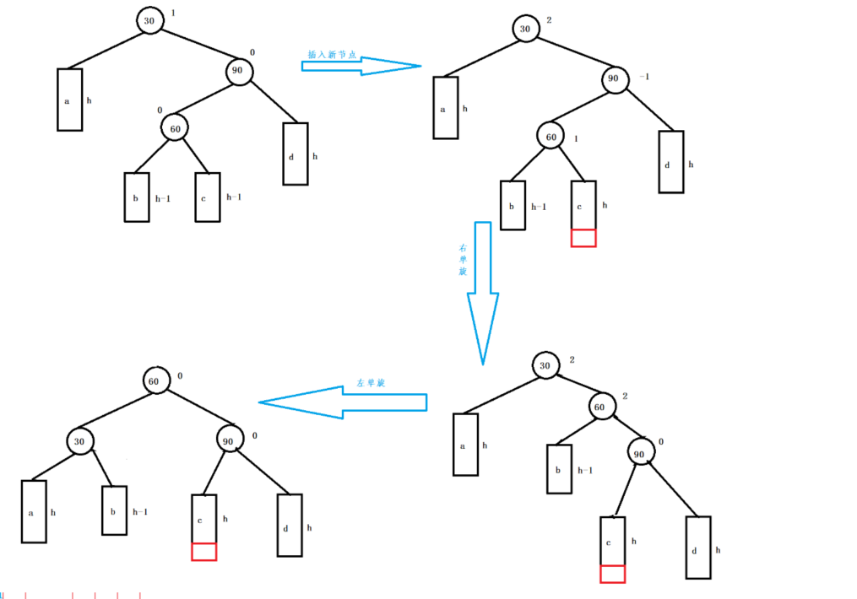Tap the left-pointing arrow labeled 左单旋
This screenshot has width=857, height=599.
342,402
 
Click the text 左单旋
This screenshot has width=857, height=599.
371,383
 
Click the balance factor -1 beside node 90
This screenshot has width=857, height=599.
645,77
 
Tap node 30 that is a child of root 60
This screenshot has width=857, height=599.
80,440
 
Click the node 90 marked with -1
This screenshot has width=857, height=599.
614,79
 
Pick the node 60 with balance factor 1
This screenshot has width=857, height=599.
551,136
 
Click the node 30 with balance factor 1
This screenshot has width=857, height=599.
150,22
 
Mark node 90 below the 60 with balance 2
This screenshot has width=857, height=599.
640,453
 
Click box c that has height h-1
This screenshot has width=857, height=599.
208,197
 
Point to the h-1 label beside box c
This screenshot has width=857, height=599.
234,197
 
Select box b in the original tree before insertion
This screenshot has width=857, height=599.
137,197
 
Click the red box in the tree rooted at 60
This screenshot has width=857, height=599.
204,552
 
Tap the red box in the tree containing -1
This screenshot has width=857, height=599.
583,238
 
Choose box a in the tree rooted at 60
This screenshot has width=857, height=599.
34,511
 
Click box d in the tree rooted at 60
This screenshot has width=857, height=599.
290,525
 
